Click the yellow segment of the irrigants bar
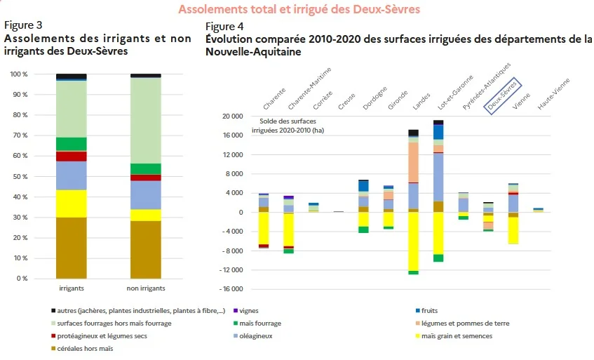pyautogui.click(x=72, y=204)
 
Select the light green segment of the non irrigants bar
pyautogui.click(x=146, y=121)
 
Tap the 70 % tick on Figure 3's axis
pyautogui.click(x=20, y=135)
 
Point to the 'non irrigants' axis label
pyautogui.click(x=146, y=288)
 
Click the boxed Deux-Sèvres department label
pyautogui.click(x=503, y=95)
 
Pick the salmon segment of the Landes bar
pyautogui.click(x=413, y=162)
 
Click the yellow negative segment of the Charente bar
pyautogui.click(x=264, y=229)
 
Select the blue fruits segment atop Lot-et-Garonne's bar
pyautogui.click(x=438, y=132)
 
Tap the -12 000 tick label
pyautogui.click(x=231, y=269)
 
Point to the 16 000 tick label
pyautogui.click(x=233, y=135)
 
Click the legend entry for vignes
pyautogui.click(x=246, y=311)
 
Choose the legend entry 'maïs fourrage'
pyautogui.click(x=257, y=324)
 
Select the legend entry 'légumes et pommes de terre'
pyautogui.click(x=463, y=324)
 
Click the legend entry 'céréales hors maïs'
pyautogui.click(x=82, y=348)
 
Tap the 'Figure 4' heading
pyautogui.click(x=224, y=26)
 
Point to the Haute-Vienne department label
pyautogui.click(x=553, y=94)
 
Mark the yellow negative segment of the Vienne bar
pyautogui.click(x=513, y=230)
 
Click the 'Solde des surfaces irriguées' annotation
pyautogui.click(x=288, y=126)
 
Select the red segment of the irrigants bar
pyautogui.click(x=72, y=156)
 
